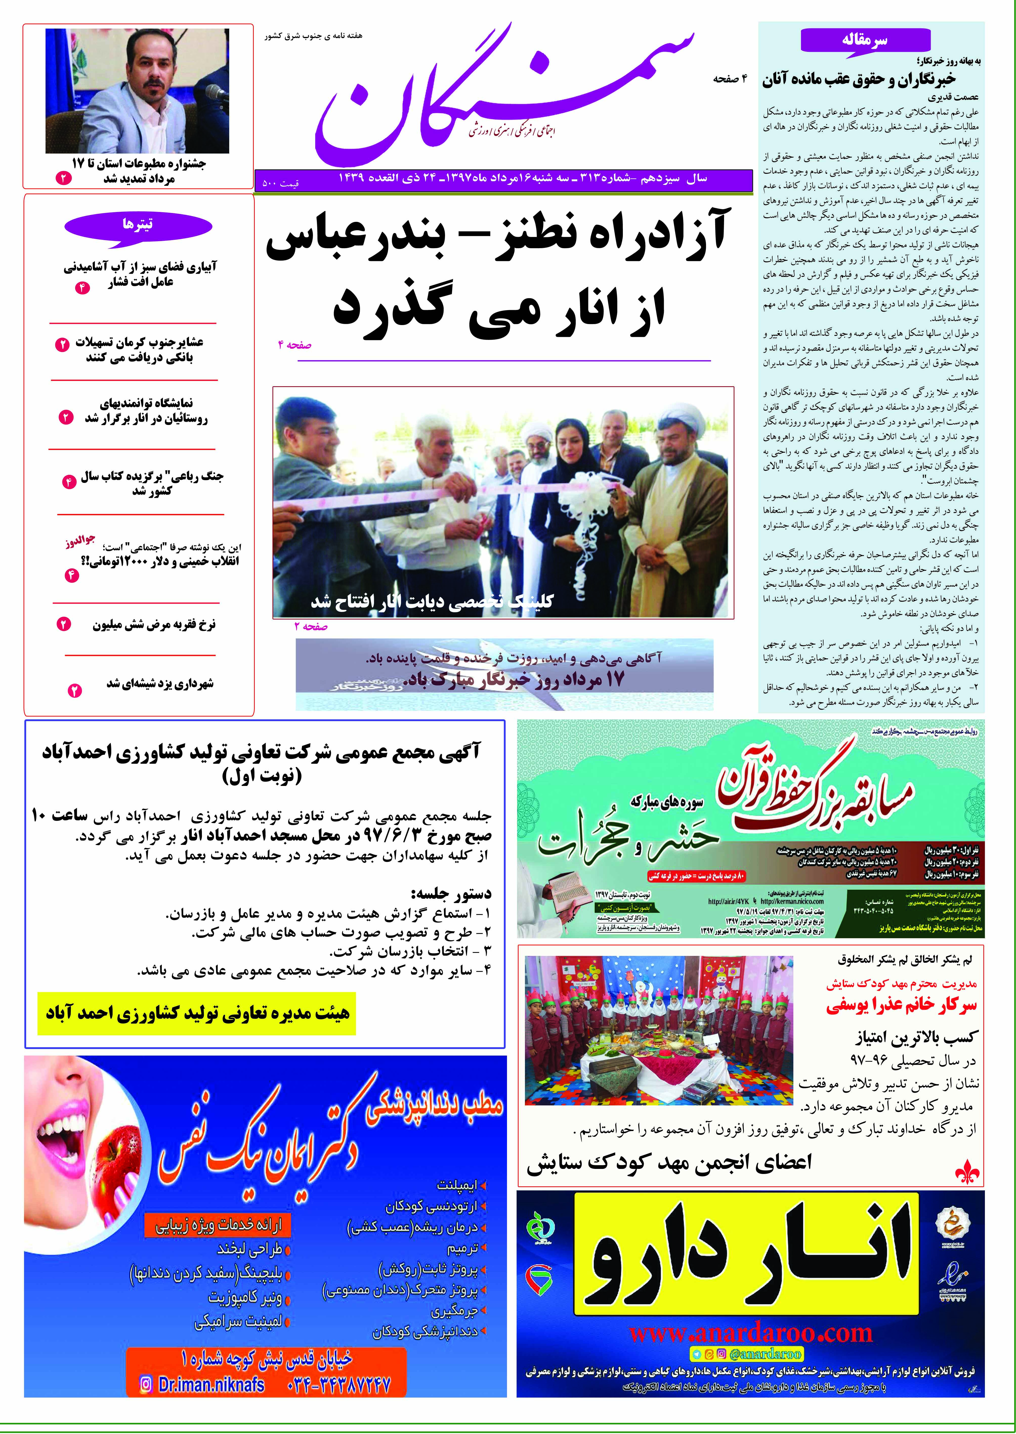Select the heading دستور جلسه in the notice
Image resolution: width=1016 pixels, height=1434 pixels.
(450, 893)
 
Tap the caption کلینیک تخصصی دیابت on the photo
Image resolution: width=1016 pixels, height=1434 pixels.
(432, 602)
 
